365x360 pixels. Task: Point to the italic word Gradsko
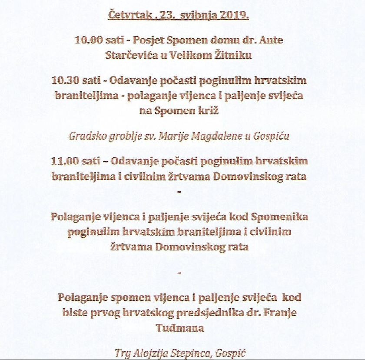[86, 136]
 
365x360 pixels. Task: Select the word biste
[75, 312]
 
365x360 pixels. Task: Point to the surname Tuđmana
[180, 327]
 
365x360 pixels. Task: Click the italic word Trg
[122, 352]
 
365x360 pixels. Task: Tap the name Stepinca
[190, 352]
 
